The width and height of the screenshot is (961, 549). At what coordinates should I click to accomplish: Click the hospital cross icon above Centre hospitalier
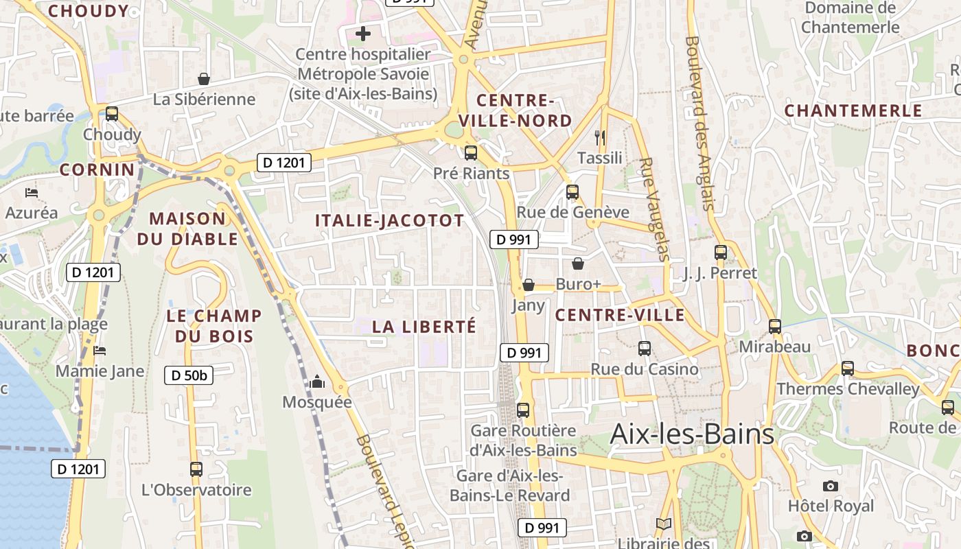coord(363,33)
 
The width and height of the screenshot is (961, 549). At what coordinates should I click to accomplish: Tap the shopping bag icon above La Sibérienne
coord(204,79)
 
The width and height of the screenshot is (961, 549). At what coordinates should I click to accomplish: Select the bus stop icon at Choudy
coord(112,114)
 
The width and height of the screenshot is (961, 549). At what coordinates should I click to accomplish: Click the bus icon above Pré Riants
coord(471,153)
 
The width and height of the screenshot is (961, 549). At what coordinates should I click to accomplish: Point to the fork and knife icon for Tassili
coord(600,138)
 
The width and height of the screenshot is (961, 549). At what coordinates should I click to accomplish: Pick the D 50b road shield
coord(189,375)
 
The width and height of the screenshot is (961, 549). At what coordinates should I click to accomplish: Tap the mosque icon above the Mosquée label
coord(317,382)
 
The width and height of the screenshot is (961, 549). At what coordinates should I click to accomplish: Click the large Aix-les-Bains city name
coord(692,434)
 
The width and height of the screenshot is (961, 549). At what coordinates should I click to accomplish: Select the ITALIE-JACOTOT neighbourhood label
coord(389,220)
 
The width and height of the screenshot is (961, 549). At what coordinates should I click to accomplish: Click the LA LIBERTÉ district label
coord(424,327)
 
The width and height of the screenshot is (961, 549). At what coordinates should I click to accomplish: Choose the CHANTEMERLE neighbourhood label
coord(853,110)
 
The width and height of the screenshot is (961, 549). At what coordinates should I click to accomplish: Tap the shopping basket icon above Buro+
coord(578,264)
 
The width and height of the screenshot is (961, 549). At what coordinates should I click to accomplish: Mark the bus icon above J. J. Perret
coord(720,252)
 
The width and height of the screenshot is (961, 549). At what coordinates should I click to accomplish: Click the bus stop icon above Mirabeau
coord(775,327)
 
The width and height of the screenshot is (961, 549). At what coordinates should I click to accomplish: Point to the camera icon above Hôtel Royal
coord(831,486)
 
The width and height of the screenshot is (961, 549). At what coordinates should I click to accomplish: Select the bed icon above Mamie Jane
coord(100,351)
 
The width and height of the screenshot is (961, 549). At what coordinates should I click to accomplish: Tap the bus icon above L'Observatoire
coord(196,469)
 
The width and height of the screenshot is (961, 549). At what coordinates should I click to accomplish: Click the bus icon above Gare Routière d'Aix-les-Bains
coord(523,410)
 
